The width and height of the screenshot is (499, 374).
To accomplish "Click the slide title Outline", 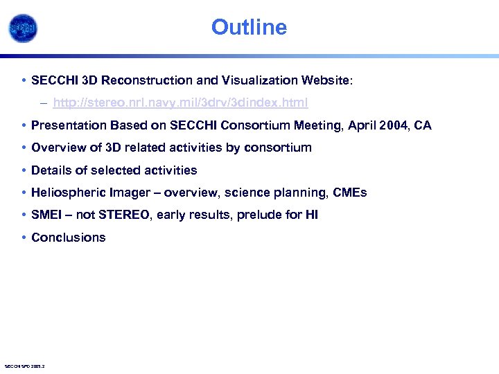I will click(x=249, y=27).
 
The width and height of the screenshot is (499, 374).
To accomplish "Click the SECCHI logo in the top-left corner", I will click(x=22, y=28).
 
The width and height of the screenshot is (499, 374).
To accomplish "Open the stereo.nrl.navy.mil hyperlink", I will click(x=180, y=103).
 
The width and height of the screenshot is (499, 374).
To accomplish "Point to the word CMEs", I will click(x=351, y=193).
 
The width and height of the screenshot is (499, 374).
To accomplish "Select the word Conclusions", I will click(x=69, y=238).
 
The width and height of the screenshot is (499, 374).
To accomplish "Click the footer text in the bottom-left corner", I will click(x=24, y=366).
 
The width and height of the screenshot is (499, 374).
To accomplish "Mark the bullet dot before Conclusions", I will click(x=24, y=238).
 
